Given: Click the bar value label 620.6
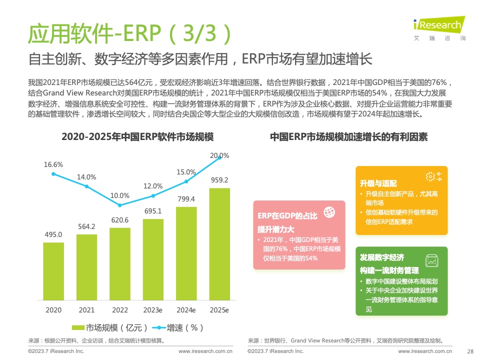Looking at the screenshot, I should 120,220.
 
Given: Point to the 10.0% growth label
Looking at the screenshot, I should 120,195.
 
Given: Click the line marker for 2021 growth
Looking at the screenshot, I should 86,186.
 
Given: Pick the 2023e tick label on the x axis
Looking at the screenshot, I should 153,310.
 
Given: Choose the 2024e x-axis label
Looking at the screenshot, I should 186,310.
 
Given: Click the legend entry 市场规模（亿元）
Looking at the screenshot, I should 110,328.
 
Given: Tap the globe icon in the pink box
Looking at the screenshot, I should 329,212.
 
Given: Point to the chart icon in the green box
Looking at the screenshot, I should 431,260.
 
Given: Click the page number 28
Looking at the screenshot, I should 469,351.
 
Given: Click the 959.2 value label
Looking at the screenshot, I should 219,180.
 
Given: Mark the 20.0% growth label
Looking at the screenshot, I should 219,155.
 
